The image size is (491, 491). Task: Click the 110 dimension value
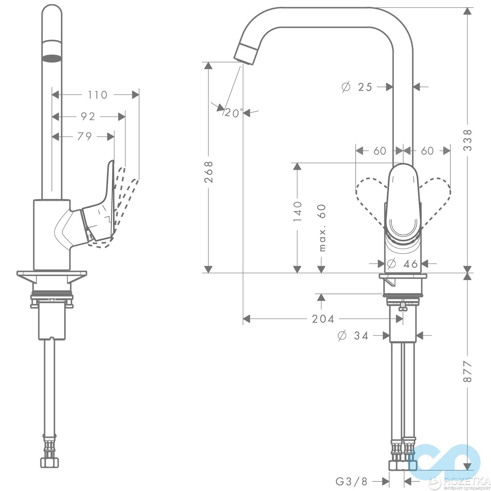[x=97, y=95]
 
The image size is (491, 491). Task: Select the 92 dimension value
[x=88, y=117]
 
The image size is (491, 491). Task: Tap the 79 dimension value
[x=84, y=136]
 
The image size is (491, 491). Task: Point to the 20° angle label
[x=233, y=113]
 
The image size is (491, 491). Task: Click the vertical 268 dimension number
[x=208, y=172]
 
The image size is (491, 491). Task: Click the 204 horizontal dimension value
[x=323, y=319]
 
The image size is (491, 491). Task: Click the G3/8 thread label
[x=352, y=481]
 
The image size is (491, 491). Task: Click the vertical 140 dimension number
[x=298, y=211]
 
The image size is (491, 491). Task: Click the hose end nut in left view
[x=50, y=462]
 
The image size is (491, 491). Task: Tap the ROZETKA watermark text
[x=467, y=481]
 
